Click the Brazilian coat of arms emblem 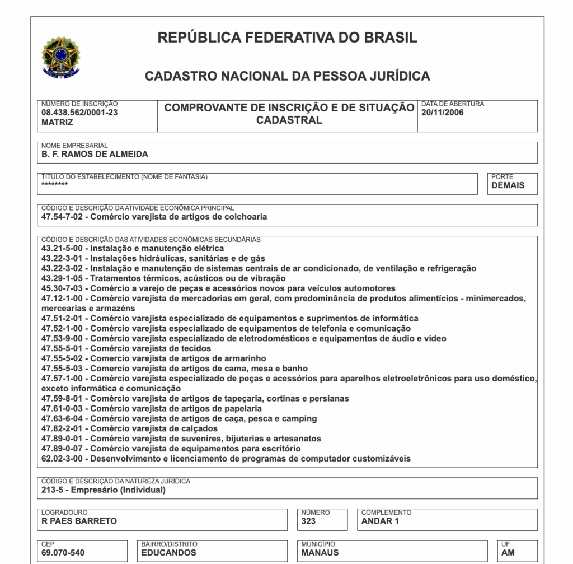point(61,57)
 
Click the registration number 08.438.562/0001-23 point(79,113)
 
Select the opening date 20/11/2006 point(443,113)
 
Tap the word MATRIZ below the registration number point(57,123)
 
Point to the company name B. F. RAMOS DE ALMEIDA point(95,155)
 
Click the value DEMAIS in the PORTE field point(508,185)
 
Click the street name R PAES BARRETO point(79,521)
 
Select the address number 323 point(308,521)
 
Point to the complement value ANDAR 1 point(381,521)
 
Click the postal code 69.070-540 point(63,553)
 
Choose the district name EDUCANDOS point(168,553)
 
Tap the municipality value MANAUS point(320,553)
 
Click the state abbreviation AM point(509,553)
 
